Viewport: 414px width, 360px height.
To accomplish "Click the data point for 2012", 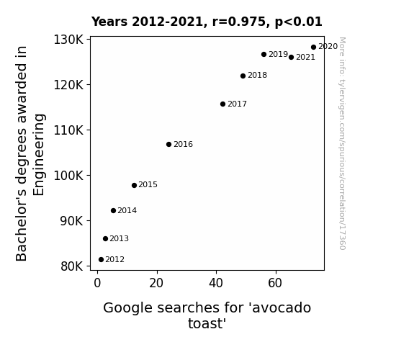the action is (x=101, y=260).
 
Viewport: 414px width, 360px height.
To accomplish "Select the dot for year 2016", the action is (x=168, y=144).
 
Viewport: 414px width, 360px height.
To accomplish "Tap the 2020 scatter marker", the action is (x=313, y=48).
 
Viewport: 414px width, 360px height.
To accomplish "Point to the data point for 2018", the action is (x=243, y=76).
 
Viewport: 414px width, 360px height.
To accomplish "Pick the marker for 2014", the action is (x=113, y=210).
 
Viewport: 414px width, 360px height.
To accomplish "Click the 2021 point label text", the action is (x=305, y=58).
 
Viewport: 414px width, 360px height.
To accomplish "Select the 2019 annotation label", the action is (x=278, y=55).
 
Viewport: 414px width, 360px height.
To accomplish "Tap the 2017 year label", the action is (x=237, y=104).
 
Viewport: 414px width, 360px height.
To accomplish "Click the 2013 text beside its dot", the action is (x=119, y=239).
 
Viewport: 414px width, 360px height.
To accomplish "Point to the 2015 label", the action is (x=148, y=184).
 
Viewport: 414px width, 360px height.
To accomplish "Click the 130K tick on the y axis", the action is (x=68, y=40).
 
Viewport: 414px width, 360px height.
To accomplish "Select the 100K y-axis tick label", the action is (x=68, y=176).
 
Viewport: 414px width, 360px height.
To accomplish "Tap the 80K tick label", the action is (x=72, y=266).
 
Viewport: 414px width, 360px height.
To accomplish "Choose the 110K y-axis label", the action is (x=68, y=130).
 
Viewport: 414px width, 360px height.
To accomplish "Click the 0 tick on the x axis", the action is (x=97, y=283).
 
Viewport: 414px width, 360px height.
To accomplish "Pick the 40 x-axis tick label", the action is (x=216, y=283).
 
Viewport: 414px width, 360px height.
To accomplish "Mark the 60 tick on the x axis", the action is (x=275, y=283).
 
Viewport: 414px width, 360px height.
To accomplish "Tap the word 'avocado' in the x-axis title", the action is (x=282, y=308).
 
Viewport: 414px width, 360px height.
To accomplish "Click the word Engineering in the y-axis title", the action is (x=39, y=155).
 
